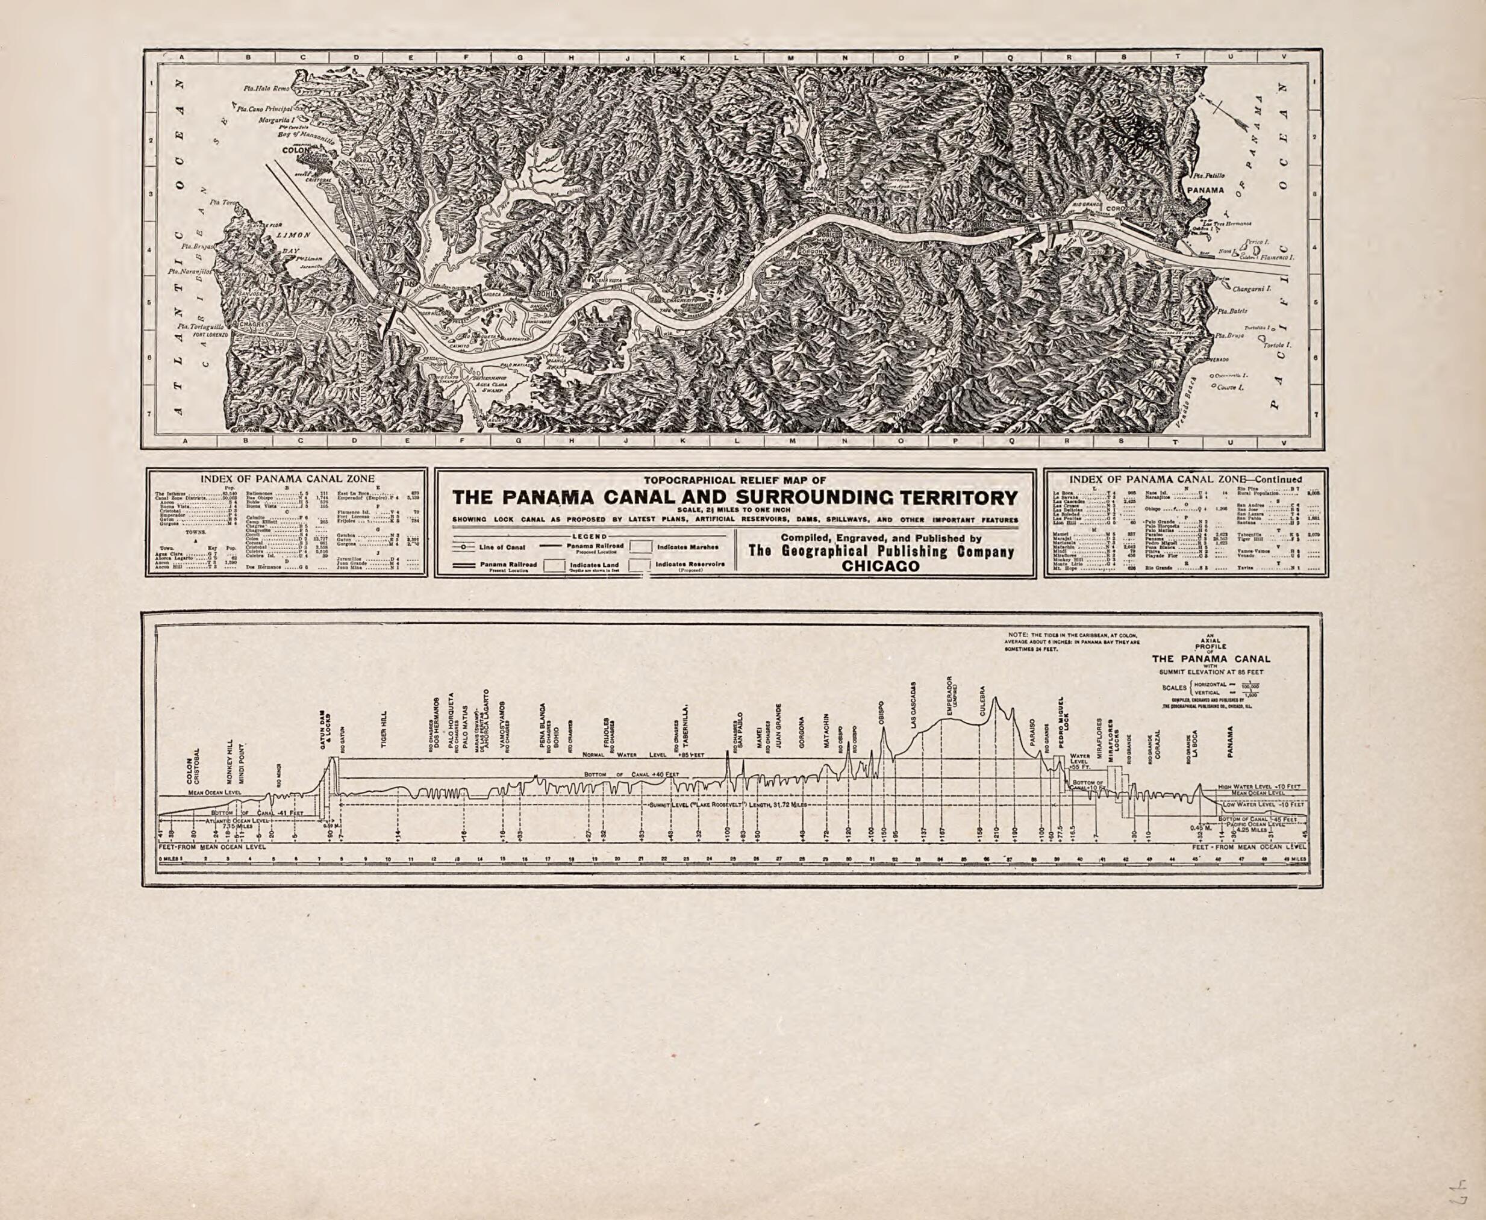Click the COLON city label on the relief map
point(296,151)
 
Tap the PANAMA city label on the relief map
point(1205,190)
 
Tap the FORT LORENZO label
point(210,335)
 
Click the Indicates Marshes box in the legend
point(639,546)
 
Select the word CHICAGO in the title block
point(881,567)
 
